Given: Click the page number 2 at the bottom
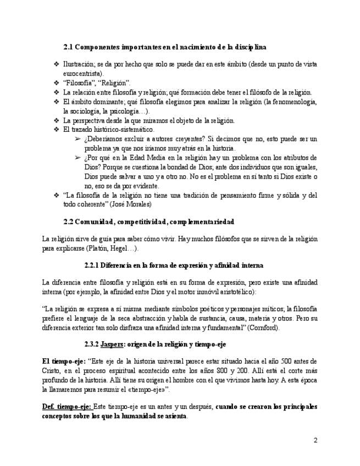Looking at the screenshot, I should tap(315, 440).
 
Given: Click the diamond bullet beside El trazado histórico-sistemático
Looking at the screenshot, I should tap(56, 130).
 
